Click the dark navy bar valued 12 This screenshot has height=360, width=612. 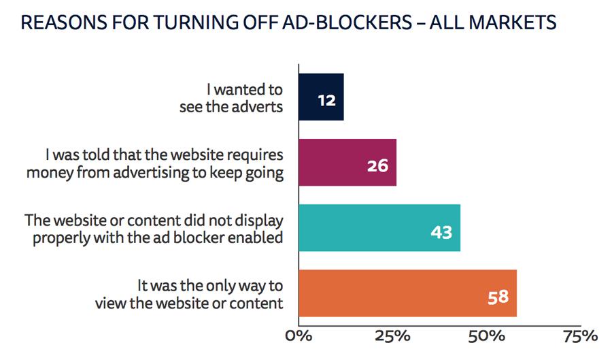[321, 97]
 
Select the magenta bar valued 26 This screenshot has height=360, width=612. [347, 163]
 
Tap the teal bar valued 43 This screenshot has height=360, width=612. [379, 228]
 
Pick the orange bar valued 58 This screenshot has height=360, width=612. [407, 293]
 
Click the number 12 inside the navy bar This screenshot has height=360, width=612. [327, 100]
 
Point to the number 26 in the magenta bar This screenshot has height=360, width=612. [377, 165]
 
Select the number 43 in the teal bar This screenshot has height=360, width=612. [442, 231]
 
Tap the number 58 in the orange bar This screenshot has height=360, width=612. [498, 297]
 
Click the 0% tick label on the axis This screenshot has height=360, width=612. [298, 337]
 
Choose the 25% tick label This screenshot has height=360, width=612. [392, 337]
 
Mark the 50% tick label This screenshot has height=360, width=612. [487, 337]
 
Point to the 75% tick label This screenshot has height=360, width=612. [581, 337]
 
